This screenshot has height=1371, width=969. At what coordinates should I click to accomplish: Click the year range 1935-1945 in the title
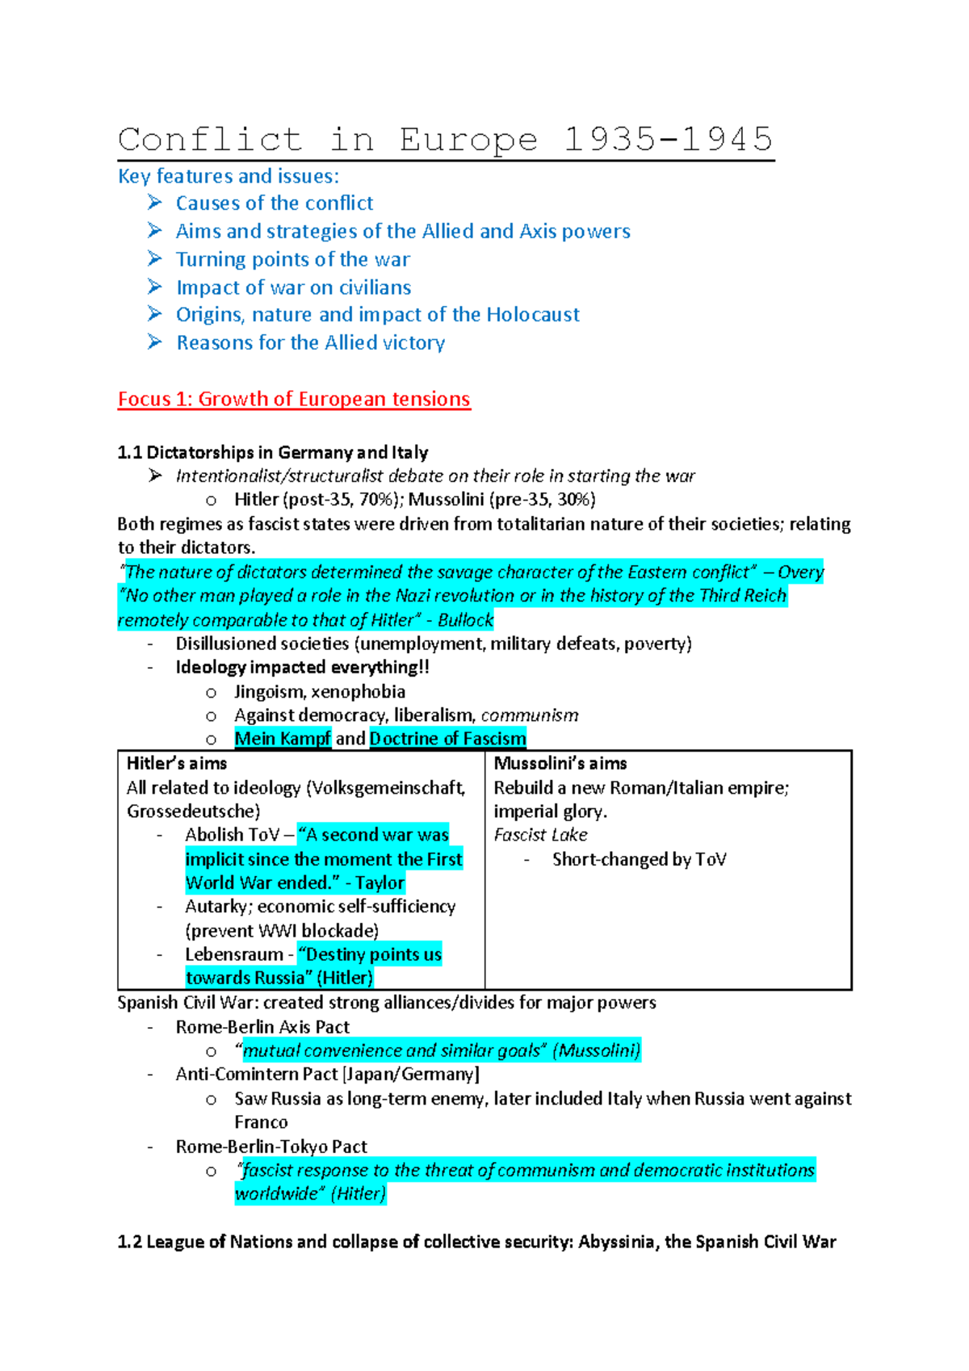(x=669, y=140)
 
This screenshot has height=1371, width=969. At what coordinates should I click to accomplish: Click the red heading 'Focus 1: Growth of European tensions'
(x=294, y=400)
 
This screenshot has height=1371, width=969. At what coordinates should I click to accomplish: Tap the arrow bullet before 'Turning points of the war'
(x=155, y=258)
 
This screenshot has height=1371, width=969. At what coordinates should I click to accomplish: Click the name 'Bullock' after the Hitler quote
(x=465, y=620)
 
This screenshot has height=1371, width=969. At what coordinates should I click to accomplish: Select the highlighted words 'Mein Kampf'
(x=283, y=739)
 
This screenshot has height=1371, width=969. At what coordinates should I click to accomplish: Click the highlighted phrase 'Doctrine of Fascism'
(x=447, y=739)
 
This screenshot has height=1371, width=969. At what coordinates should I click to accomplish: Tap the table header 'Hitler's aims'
(x=177, y=764)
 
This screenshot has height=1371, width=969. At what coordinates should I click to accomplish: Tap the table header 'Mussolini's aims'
(x=560, y=764)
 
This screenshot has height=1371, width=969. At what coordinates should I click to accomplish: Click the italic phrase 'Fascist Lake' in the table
(x=540, y=835)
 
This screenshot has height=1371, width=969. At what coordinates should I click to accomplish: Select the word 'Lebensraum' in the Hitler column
(x=234, y=954)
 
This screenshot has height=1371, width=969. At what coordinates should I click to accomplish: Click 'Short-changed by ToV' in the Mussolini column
(x=639, y=860)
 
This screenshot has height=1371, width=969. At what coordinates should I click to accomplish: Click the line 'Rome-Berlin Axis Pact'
(x=262, y=1027)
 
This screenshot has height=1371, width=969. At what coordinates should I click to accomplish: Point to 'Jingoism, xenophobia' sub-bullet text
(x=320, y=692)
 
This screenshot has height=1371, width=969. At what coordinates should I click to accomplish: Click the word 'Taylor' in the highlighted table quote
(x=380, y=883)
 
